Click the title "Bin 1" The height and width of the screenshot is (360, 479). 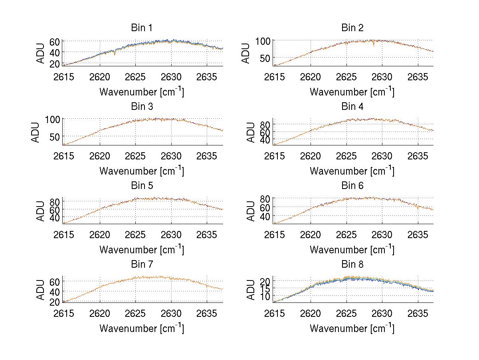coord(142,28)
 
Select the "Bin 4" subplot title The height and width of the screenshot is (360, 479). coord(352,107)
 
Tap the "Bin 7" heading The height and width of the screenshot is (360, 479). coord(142,265)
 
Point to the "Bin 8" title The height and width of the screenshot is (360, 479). coord(352,265)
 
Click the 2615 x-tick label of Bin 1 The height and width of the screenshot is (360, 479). coord(64,77)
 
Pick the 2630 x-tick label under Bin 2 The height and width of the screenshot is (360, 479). coord(382,77)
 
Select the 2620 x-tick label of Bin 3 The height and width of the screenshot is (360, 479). coord(100,156)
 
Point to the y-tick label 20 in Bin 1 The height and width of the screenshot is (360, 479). coord(55,64)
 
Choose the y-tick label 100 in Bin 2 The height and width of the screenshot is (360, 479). coord(263,41)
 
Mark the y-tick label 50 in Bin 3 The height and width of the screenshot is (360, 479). coord(55,137)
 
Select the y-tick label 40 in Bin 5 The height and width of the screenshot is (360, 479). coord(55,218)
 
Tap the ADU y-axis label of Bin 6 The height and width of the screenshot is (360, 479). coord(251,211)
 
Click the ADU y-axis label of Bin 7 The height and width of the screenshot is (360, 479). coord(40,289)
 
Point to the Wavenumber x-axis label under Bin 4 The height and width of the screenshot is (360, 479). coord(352,171)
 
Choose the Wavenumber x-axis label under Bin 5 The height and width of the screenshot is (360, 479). coord(141,250)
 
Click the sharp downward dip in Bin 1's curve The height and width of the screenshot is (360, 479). coord(115,54)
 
